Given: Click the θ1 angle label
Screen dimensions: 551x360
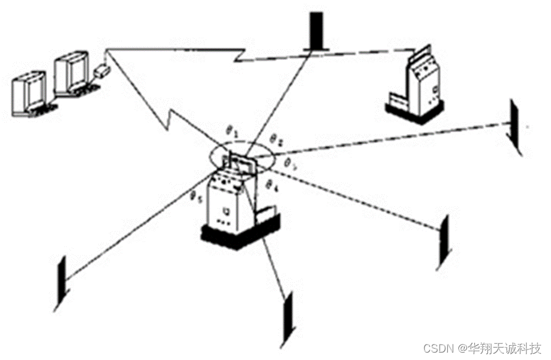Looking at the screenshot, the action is tap(230, 132).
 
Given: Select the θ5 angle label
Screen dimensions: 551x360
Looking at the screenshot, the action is tap(196, 198).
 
